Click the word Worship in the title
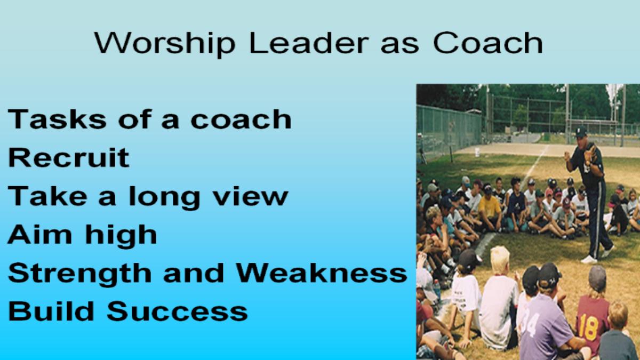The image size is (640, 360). click(x=165, y=43)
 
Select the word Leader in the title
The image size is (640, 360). click(x=309, y=43)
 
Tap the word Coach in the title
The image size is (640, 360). click(x=487, y=42)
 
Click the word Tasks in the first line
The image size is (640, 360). click(x=57, y=119)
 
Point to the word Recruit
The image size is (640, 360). click(x=69, y=157)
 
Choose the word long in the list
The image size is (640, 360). click(x=165, y=198)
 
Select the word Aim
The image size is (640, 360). click(x=39, y=234)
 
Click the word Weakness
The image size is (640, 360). click(x=322, y=273)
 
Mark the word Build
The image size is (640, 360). click(x=51, y=311)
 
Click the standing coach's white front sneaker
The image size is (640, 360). click(x=589, y=259)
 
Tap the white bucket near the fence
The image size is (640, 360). click(x=477, y=152)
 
